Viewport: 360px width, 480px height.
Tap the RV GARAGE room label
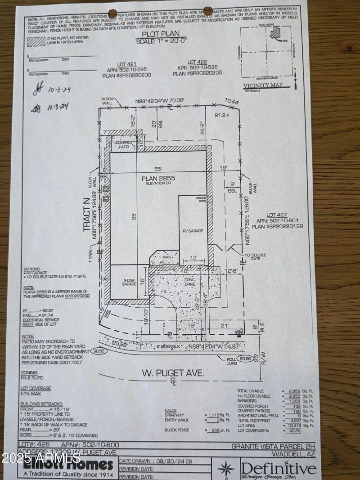pyautogui.click(x=193, y=231)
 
